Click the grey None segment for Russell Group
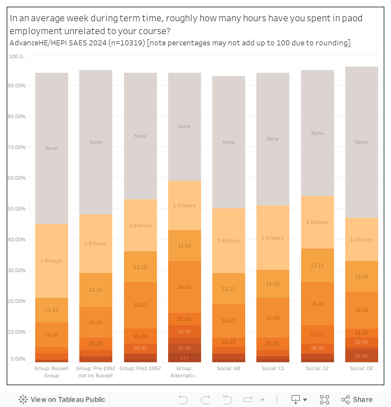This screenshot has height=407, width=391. [x=51, y=148]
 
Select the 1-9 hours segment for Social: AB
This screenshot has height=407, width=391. [x=228, y=241]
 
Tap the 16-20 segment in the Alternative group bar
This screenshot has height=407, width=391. [x=184, y=287]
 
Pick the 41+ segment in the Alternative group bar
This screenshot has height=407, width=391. [x=184, y=357]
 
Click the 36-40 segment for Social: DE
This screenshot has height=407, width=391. [x=361, y=355]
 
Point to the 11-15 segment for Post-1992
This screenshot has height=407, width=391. [x=140, y=267]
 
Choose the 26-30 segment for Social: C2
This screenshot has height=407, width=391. [x=317, y=348]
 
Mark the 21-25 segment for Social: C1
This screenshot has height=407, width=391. [x=273, y=344]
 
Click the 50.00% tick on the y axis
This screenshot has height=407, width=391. [x=17, y=209]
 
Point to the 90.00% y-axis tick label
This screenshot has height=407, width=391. [x=17, y=86]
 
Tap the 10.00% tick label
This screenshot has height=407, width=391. [x=17, y=332]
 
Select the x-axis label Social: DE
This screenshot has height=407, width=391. [x=361, y=368]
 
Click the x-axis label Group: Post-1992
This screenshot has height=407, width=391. [x=140, y=368]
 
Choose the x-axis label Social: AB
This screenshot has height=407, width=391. [x=228, y=368]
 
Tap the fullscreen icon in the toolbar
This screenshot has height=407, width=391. [x=325, y=399]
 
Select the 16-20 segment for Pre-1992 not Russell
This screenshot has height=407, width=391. [x=96, y=322]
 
